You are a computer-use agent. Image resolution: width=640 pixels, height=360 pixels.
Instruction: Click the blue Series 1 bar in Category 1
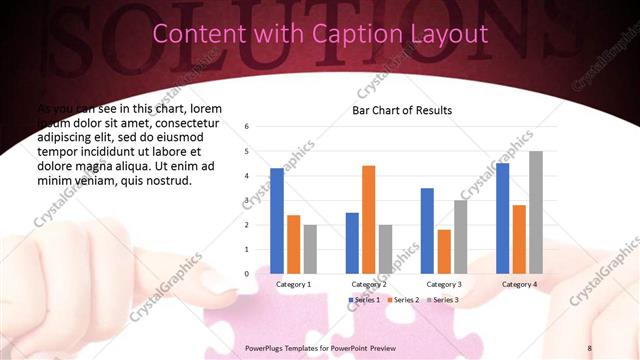click(x=277, y=221)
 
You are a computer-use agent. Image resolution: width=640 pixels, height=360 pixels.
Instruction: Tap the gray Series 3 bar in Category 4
click(x=536, y=212)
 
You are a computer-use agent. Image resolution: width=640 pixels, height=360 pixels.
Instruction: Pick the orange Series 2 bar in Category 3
click(x=443, y=251)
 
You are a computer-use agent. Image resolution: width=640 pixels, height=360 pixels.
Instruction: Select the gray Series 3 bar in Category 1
click(x=310, y=249)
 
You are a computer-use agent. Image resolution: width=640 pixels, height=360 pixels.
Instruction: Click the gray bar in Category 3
click(x=460, y=237)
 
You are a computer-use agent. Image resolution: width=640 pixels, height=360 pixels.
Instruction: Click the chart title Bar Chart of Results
click(x=402, y=110)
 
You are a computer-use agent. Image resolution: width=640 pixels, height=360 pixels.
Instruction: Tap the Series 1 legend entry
click(x=365, y=300)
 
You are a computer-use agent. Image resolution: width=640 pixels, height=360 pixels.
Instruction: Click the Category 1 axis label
click(x=293, y=284)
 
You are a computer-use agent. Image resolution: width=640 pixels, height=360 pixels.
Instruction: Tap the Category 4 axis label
click(x=519, y=284)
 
